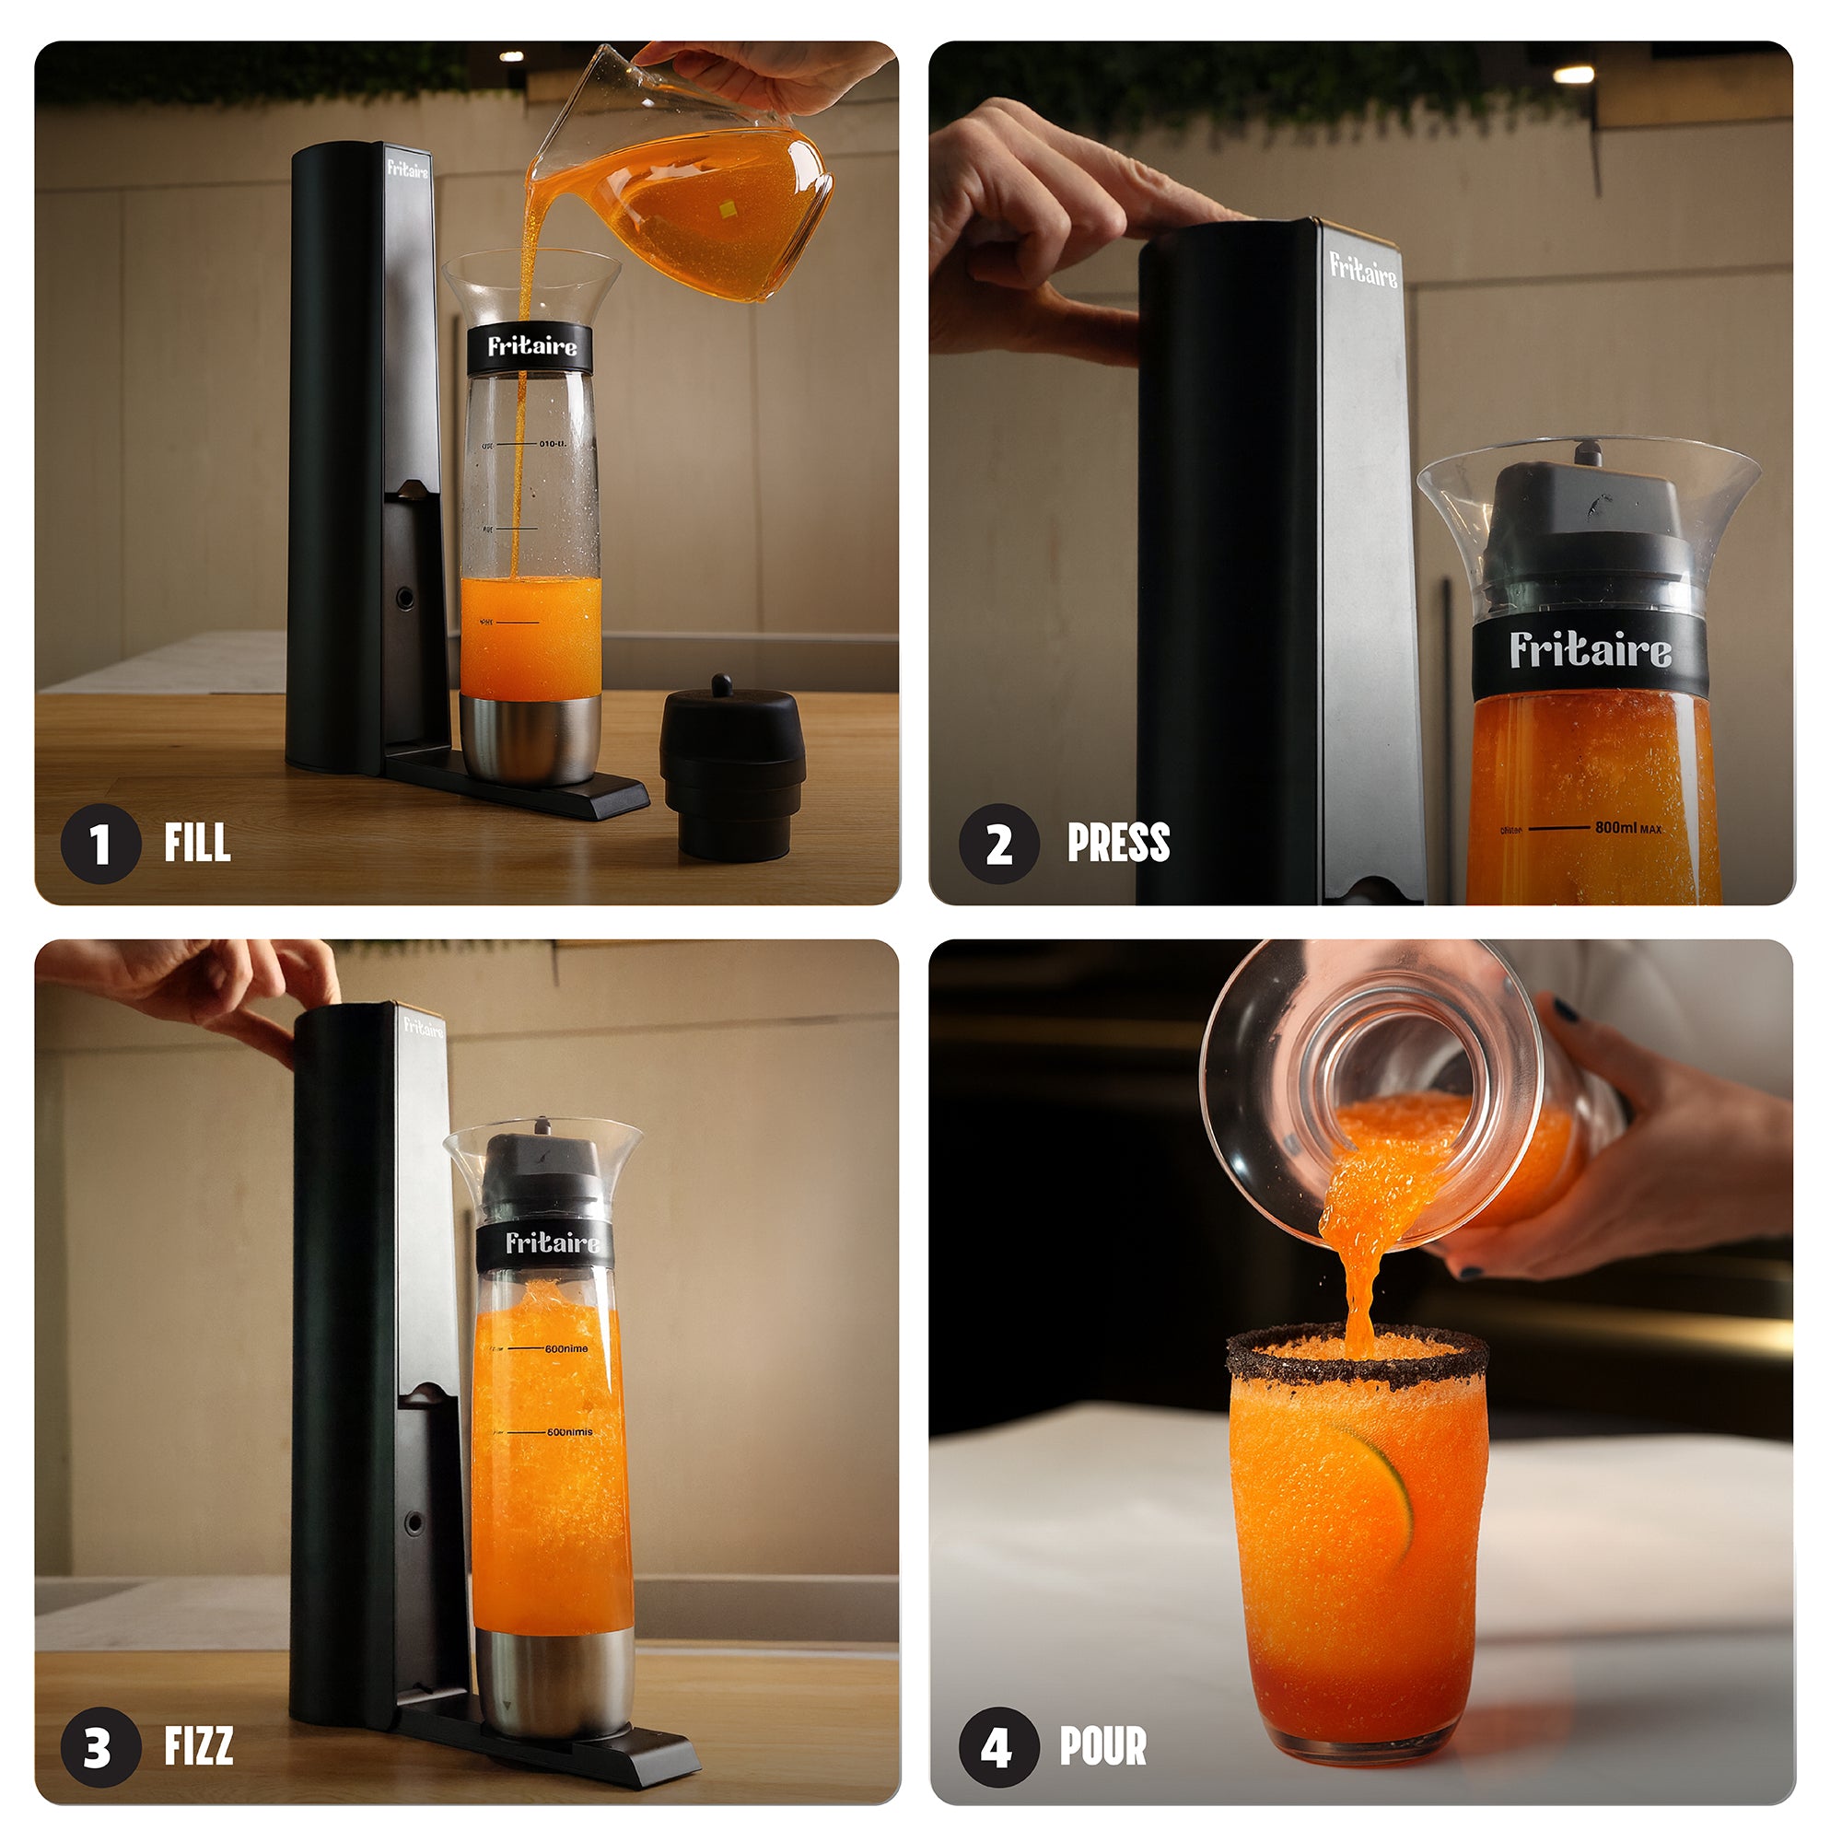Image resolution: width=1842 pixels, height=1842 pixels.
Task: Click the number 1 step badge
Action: click(100, 844)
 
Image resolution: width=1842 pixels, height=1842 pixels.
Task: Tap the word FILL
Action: click(197, 843)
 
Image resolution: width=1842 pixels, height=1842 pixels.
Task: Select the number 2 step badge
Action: click(998, 844)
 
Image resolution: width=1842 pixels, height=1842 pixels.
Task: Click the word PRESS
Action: click(1118, 843)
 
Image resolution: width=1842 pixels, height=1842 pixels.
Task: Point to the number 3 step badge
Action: click(100, 1746)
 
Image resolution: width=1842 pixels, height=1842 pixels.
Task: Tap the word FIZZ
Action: click(198, 1745)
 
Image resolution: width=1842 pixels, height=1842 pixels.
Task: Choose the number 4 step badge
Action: click(998, 1746)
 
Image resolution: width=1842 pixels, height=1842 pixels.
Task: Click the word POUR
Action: click(1103, 1745)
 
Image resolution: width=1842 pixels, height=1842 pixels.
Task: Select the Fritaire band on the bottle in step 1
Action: click(531, 347)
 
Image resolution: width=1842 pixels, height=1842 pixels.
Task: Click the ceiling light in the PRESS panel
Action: click(1573, 75)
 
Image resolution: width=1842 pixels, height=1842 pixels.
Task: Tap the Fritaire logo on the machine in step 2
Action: click(1363, 271)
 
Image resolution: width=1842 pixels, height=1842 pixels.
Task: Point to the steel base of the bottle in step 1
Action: click(530, 739)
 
